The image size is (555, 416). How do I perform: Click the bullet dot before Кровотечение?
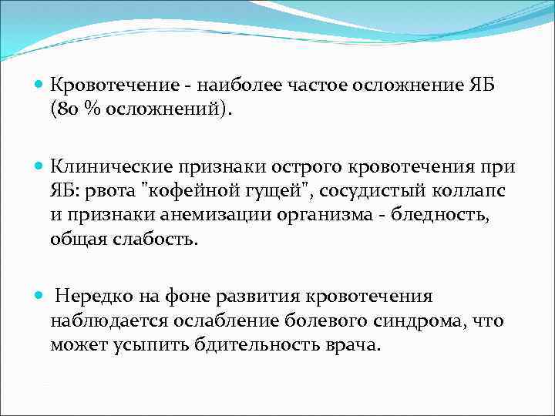point(39,85)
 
